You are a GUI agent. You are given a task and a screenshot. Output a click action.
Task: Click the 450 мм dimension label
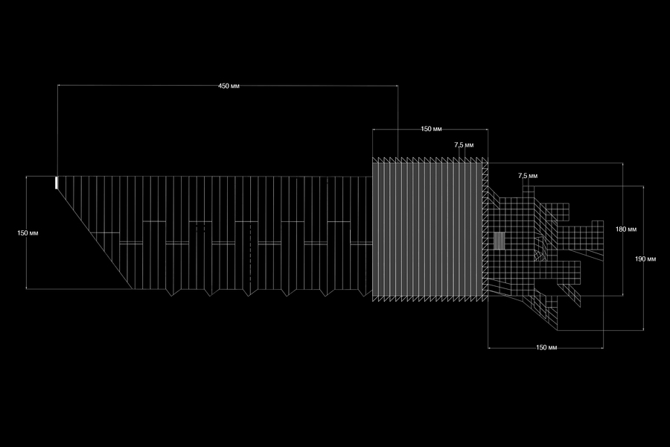[229, 86]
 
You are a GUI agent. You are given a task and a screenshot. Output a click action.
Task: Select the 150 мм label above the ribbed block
[431, 129]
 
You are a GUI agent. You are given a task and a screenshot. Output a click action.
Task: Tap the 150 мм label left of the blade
[28, 233]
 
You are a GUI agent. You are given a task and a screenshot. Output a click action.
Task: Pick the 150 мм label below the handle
[546, 347]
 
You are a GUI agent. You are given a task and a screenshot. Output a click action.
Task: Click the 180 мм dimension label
[626, 229]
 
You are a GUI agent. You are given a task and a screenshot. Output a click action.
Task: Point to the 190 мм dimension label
[645, 259]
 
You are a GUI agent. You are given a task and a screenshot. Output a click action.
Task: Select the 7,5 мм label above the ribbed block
[464, 145]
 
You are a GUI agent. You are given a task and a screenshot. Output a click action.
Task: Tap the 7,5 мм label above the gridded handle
[528, 176]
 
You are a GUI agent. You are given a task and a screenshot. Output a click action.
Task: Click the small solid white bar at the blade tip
[56, 183]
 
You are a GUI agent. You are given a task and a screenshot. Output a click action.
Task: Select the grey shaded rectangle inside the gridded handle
[499, 241]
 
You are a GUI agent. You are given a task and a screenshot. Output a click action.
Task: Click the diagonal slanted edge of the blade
[95, 232]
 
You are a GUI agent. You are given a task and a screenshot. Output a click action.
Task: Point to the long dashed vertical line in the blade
[250, 255]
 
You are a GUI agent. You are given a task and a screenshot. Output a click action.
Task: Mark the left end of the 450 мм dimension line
[57, 86]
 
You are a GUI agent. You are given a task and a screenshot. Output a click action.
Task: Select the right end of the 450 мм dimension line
[398, 86]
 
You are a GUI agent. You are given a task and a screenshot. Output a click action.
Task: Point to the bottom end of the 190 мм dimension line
[643, 330]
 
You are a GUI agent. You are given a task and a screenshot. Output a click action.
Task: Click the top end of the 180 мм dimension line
[622, 162]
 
